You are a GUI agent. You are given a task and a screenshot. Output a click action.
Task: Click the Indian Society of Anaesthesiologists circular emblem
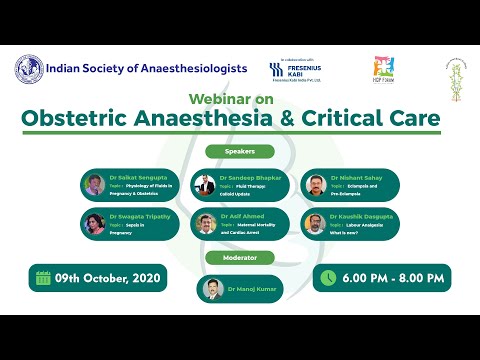(29, 69)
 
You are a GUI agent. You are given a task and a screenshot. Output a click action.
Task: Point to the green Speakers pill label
(240, 153)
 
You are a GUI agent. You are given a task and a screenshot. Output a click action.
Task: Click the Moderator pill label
(240, 257)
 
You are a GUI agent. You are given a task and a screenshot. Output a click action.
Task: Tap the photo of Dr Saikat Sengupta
(94, 186)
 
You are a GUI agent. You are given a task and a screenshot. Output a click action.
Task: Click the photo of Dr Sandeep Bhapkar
(205, 186)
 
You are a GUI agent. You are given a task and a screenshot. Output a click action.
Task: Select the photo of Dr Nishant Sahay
(314, 186)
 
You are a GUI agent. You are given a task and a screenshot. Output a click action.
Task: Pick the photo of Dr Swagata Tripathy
(94, 223)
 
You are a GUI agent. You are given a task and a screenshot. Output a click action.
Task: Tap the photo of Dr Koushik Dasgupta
(314, 223)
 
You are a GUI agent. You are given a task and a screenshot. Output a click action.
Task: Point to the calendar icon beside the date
(42, 277)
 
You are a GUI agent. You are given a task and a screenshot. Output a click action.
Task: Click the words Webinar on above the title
(240, 100)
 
